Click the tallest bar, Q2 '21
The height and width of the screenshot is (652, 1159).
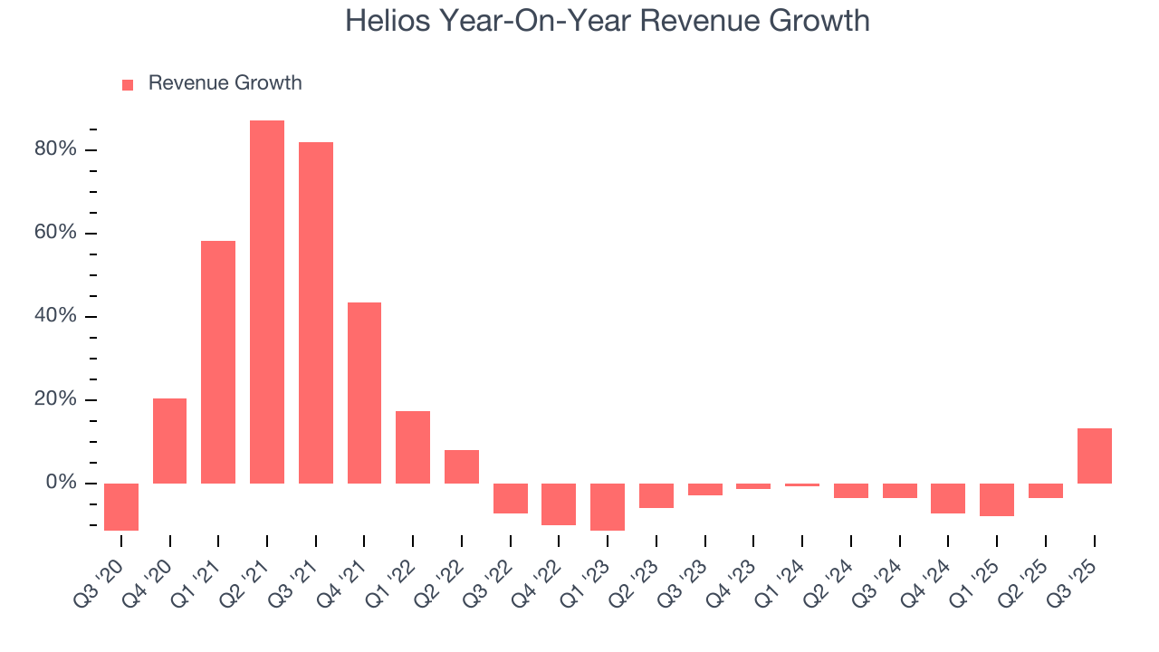click(267, 302)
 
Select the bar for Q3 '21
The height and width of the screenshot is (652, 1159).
click(316, 312)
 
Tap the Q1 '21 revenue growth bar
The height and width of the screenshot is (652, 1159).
click(218, 361)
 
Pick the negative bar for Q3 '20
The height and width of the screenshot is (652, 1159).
click(121, 506)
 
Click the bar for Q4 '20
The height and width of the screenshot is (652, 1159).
click(169, 440)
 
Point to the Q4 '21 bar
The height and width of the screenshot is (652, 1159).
click(364, 392)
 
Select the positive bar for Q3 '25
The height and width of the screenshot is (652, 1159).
click(1094, 455)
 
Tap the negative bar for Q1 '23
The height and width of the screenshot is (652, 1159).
click(608, 506)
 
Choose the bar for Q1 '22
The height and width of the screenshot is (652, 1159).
click(413, 446)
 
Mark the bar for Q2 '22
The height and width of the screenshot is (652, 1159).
click(462, 466)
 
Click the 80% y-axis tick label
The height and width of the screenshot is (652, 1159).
click(55, 149)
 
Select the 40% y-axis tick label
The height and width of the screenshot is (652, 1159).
click(55, 316)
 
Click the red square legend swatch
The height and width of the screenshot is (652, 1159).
click(128, 84)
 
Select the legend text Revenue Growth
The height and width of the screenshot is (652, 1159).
click(225, 83)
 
